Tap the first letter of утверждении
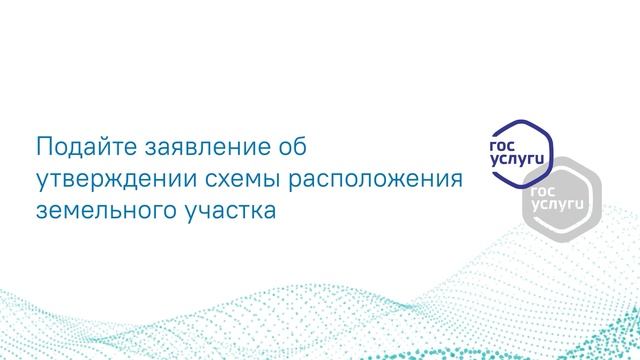coord(41,182)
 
